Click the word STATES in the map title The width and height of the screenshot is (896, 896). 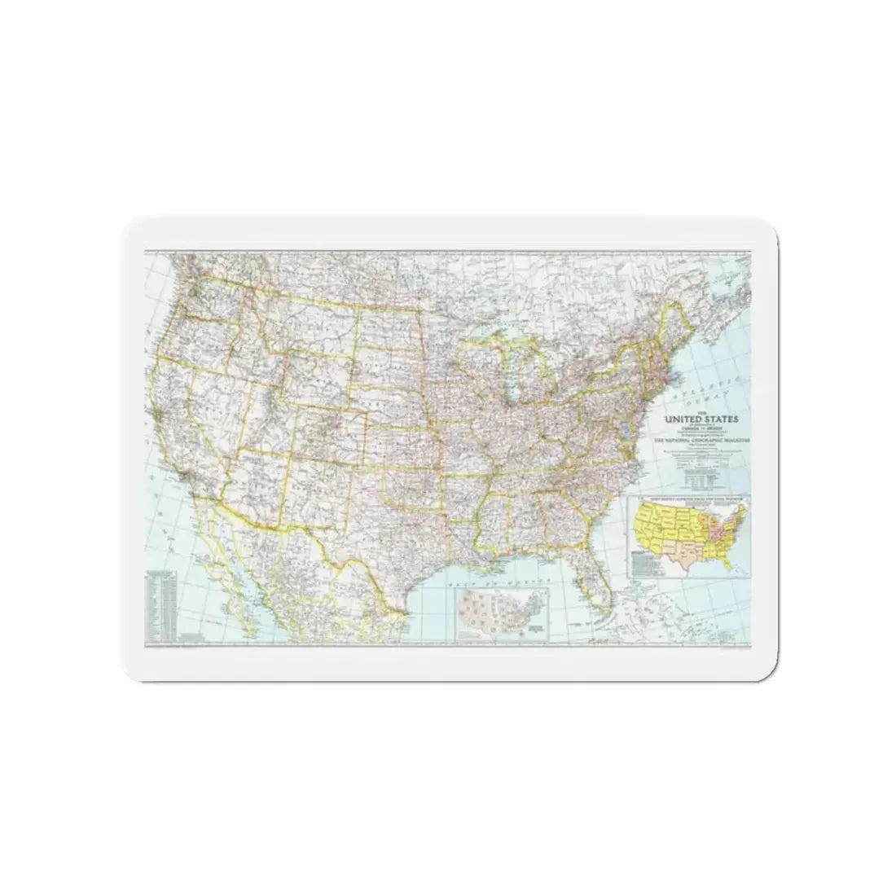(716, 419)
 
